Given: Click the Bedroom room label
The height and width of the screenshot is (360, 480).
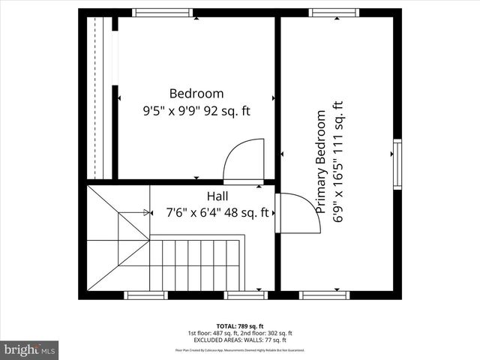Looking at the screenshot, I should (196, 94).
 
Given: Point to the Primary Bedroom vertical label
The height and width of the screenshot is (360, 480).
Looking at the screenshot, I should (321, 162).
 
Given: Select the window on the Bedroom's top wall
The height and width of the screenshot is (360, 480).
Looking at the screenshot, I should (162, 13).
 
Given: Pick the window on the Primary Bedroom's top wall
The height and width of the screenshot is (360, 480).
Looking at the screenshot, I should (334, 13).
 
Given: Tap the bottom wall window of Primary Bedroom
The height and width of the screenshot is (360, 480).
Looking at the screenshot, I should (324, 295).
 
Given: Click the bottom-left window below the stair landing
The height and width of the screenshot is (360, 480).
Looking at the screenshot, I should (145, 295).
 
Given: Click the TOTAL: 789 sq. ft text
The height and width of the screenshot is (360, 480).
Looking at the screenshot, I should (240, 326).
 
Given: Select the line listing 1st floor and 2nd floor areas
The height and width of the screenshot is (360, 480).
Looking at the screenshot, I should (240, 333).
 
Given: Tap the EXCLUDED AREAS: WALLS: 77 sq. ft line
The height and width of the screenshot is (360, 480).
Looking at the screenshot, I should (240, 340).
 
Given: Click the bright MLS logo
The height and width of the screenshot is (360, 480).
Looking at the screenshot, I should (30, 350).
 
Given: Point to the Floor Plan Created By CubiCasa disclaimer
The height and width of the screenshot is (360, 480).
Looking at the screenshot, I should (240, 349).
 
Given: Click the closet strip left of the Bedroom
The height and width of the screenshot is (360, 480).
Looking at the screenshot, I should (99, 97).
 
